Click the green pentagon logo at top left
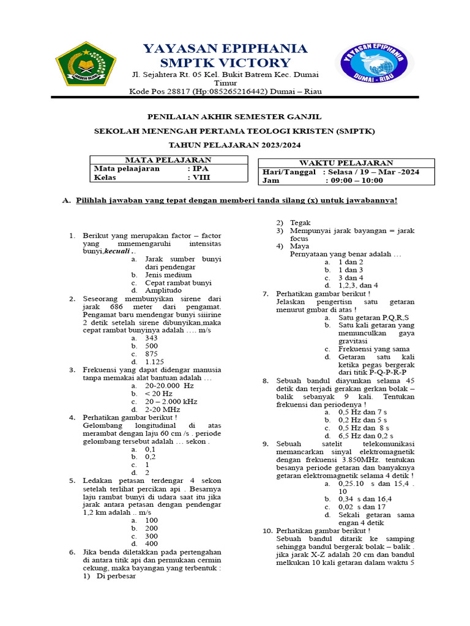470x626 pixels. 86,64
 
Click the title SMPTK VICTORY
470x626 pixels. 225,63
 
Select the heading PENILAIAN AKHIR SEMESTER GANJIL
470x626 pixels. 235,116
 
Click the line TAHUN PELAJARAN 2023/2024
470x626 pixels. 235,145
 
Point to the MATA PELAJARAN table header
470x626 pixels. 168,160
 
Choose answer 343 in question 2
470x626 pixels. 152,337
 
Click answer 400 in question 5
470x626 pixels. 152,543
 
